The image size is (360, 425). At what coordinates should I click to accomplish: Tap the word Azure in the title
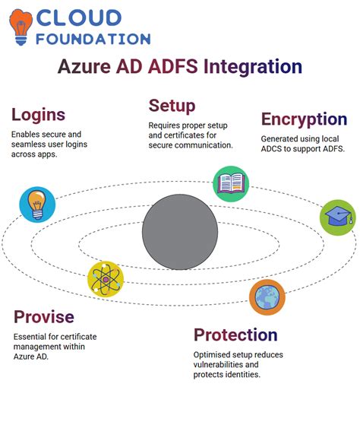click(x=86, y=67)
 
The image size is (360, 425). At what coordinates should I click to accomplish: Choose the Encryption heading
click(x=304, y=119)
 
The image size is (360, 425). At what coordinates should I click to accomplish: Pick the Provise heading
click(x=43, y=316)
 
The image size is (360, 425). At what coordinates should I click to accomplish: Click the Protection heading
click(x=235, y=335)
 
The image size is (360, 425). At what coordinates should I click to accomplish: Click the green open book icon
click(x=231, y=184)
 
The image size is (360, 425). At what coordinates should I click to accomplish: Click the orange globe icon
click(x=267, y=297)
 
